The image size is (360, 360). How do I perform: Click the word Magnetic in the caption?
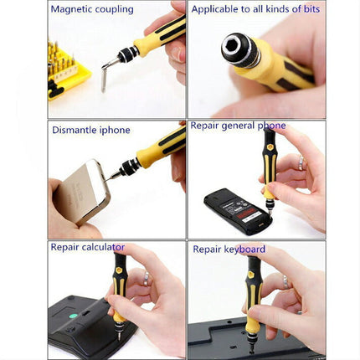[x=71, y=9]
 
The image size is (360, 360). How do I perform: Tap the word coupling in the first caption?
[x=115, y=10]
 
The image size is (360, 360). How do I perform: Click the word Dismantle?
[x=75, y=130]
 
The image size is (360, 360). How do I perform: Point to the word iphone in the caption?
[x=115, y=131]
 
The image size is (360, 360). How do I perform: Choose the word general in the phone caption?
[x=238, y=126]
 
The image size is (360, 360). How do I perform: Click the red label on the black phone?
[x=245, y=212]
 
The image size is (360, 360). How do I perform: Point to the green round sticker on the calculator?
[x=73, y=316]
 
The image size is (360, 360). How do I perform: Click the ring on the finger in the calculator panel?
[x=147, y=279]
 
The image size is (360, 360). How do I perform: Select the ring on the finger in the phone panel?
[x=301, y=162]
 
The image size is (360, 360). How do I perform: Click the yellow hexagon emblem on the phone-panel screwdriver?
[x=270, y=147]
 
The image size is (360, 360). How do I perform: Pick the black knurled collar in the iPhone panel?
[x=129, y=167]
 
